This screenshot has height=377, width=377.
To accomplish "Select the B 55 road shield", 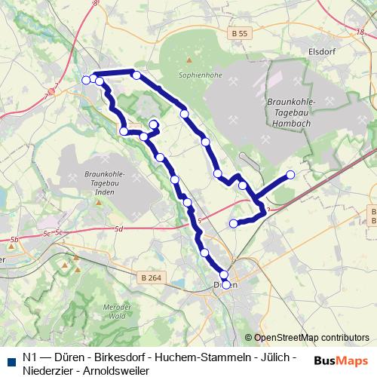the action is coord(241,34).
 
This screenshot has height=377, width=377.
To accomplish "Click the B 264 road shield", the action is coord(151,277).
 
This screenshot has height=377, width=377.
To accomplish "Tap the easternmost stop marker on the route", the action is coord(291,176).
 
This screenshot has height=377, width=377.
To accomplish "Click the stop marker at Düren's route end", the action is coord(225,284).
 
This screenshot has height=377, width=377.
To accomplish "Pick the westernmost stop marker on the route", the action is coord(85,79).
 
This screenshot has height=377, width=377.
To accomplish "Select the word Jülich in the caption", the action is coord(274,357).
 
